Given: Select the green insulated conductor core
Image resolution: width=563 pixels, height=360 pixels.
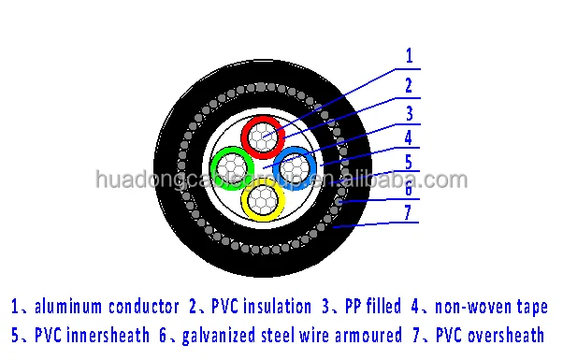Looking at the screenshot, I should coord(232,169).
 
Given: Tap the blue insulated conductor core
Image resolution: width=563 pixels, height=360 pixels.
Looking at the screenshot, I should coord(298,168).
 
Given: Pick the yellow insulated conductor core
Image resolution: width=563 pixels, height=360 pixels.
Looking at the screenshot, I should coord(264,199).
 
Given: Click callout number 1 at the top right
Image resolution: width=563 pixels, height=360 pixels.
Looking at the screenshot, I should coord(409,55).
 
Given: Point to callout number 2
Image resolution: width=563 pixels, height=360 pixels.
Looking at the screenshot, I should coord(409,85).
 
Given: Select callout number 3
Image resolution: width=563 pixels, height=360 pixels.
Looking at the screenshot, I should coord(409,114).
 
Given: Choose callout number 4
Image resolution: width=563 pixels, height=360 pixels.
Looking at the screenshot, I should coord(409,138).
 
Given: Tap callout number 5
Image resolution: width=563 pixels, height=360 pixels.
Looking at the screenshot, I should coord(409,162).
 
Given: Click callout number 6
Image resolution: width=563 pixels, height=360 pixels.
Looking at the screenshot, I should coord(409,189).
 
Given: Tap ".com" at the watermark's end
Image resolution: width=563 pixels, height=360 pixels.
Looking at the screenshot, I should coord(443,180).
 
